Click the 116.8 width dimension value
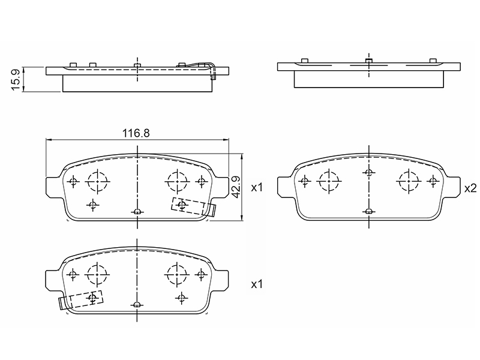(x=136, y=133)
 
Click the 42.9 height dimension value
(x=236, y=187)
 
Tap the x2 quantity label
(x=470, y=188)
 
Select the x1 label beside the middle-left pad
(x=257, y=187)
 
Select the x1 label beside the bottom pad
(x=257, y=284)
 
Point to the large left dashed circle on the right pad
(x=329, y=181)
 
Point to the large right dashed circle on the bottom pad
(x=177, y=275)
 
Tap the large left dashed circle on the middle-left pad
(x=98, y=181)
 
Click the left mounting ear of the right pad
(x=286, y=186)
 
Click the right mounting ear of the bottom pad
(x=221, y=280)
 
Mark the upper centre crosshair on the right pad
(x=369, y=173)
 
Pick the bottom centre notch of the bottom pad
(x=137, y=304)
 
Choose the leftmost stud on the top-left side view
(x=73, y=65)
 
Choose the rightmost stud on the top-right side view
(x=432, y=61)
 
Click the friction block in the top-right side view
(x=369, y=79)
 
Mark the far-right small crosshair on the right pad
(x=433, y=181)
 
